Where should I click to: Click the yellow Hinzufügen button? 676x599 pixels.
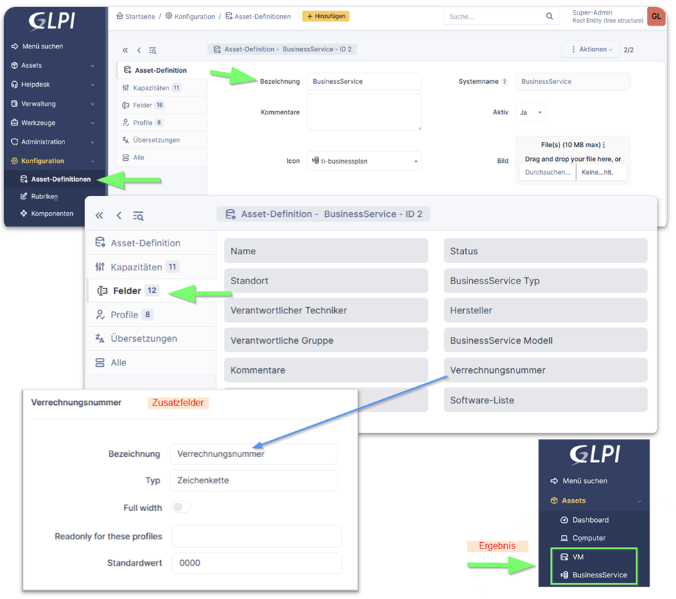[325, 16]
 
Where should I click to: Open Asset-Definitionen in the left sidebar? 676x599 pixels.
[60, 180]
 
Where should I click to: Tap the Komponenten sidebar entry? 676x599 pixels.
[52, 214]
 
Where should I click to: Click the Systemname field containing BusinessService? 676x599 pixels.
[573, 81]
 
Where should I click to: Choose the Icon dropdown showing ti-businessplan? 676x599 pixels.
[364, 161]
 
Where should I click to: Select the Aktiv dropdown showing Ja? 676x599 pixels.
[530, 112]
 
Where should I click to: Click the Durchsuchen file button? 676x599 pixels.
[547, 172]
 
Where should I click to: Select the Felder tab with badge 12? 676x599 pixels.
[128, 291]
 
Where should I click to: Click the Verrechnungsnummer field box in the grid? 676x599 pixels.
[545, 370]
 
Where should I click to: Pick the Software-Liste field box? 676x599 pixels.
[545, 400]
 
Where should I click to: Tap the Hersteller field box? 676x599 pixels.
[545, 311]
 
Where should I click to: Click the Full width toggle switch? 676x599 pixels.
[181, 507]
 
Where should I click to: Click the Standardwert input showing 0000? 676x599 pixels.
[256, 563]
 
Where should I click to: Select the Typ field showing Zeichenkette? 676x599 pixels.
[253, 480]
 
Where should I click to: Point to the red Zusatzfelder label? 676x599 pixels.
[177, 402]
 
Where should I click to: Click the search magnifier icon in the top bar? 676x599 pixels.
[550, 17]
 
